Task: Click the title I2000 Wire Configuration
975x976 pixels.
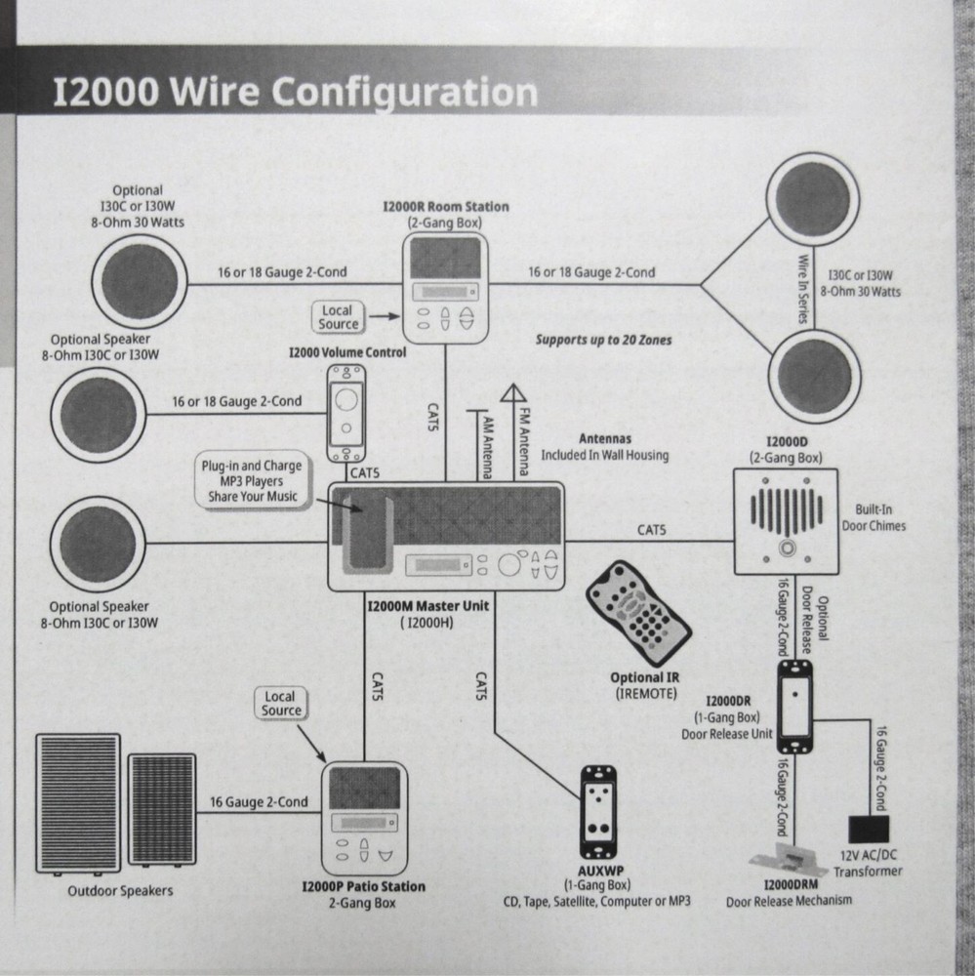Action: click(x=295, y=92)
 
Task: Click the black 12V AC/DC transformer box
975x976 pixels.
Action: click(x=865, y=830)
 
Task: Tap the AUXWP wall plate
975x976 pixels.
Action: click(x=600, y=804)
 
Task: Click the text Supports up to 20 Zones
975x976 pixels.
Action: click(x=603, y=341)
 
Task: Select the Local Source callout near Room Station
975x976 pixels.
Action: click(x=339, y=316)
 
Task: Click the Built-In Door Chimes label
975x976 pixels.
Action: click(x=873, y=518)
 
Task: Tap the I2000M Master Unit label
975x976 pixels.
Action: click(x=427, y=606)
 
